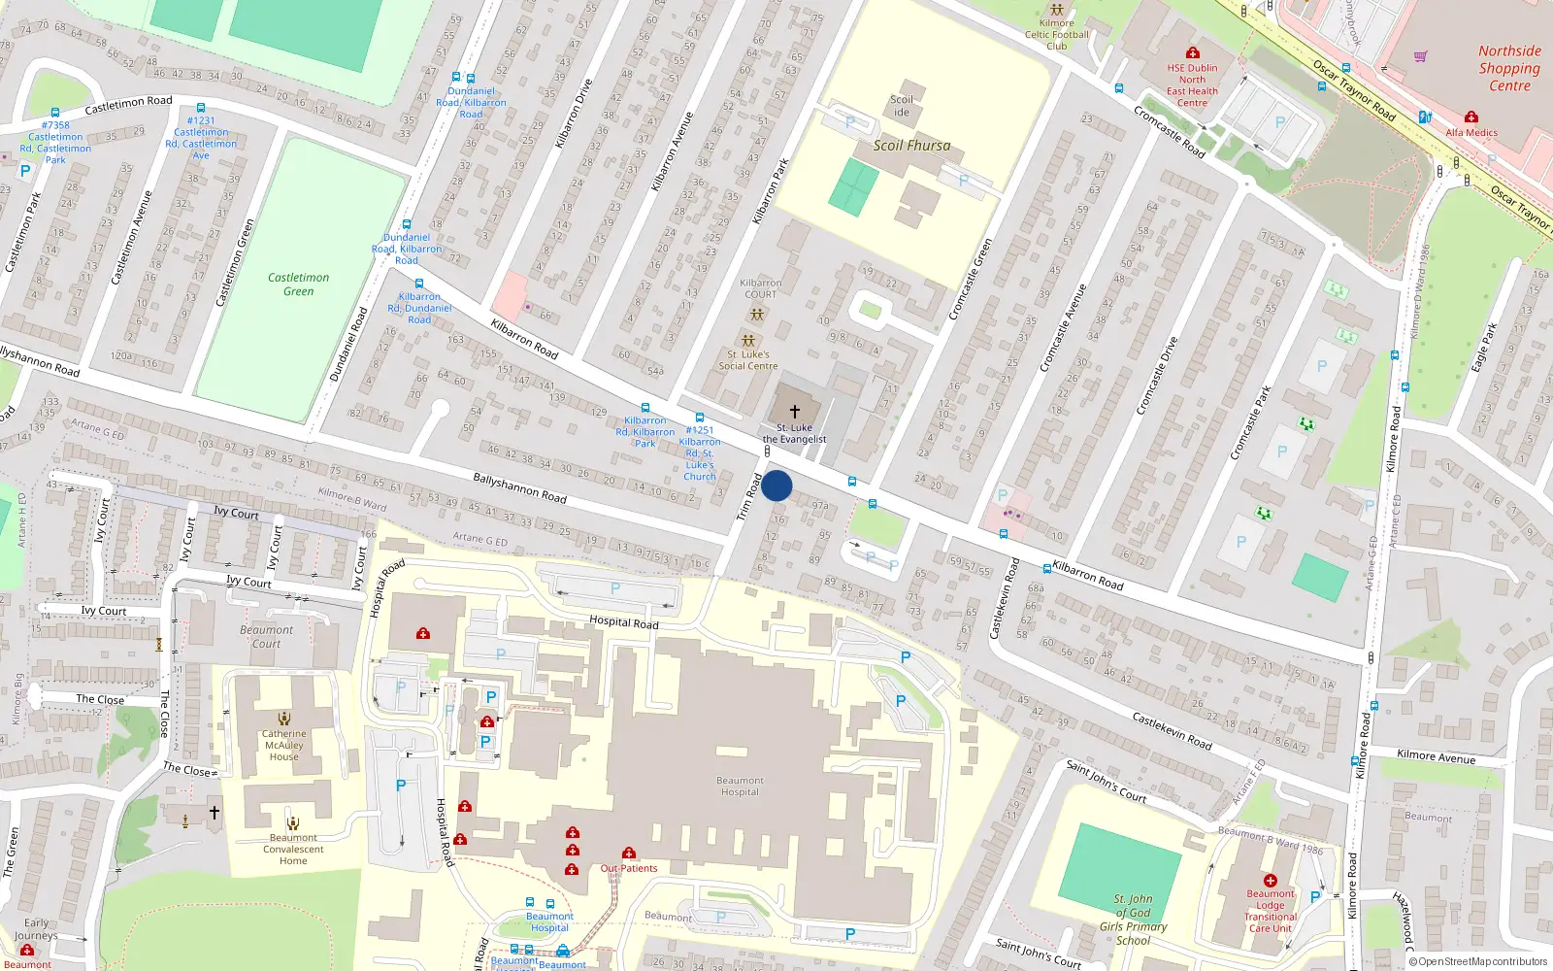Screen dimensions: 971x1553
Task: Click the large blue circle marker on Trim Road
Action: pyautogui.click(x=776, y=485)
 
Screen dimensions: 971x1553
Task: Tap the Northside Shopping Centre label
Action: pyautogui.click(x=1509, y=68)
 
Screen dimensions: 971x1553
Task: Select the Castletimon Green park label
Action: pyautogui.click(x=298, y=284)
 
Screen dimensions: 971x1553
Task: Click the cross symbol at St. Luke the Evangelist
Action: pyautogui.click(x=795, y=412)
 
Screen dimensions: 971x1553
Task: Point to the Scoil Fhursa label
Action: pyautogui.click(x=911, y=146)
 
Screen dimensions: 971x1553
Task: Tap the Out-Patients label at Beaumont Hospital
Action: pyautogui.click(x=629, y=868)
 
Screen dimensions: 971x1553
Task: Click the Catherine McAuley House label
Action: pyautogui.click(x=283, y=745)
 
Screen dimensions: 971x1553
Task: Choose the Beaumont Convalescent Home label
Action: pyautogui.click(x=293, y=849)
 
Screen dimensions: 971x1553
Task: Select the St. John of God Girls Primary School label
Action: pyautogui.click(x=1133, y=920)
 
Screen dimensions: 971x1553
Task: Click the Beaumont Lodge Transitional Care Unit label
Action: pyautogui.click(x=1271, y=911)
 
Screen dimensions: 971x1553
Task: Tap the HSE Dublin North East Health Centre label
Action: pyautogui.click(x=1192, y=85)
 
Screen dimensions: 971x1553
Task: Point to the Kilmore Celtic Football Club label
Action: pyautogui.click(x=1057, y=35)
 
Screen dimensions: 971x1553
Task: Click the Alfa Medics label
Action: pyautogui.click(x=1471, y=132)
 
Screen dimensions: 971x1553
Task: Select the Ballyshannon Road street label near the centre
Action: pyautogui.click(x=519, y=486)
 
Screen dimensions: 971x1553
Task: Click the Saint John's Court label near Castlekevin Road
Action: pyautogui.click(x=1107, y=782)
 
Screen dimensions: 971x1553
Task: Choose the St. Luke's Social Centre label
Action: pyautogui.click(x=748, y=360)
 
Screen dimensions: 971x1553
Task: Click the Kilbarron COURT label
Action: pyautogui.click(x=760, y=288)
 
